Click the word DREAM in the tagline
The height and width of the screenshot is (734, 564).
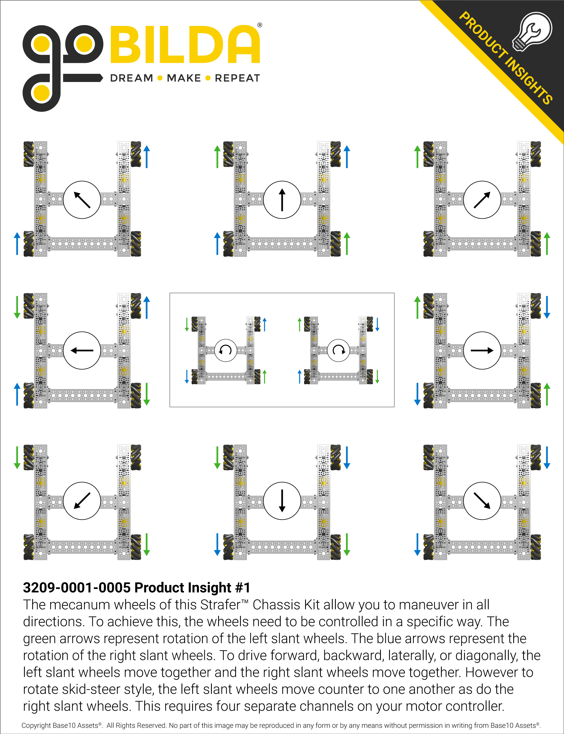tap(131, 78)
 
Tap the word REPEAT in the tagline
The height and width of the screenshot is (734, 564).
tap(237, 78)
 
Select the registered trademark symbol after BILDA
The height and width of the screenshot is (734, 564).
tap(259, 25)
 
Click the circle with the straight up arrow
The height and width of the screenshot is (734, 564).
tap(282, 200)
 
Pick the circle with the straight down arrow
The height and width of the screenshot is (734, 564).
tap(282, 501)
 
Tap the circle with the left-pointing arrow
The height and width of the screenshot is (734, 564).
tap(82, 351)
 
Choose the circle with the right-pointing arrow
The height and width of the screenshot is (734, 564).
tap(482, 351)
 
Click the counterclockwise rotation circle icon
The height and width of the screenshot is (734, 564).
tap(226, 350)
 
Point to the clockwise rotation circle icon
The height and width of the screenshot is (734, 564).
tap(338, 350)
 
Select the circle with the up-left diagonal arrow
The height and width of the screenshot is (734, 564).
tap(82, 200)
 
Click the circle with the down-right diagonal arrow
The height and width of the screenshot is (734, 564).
tap(482, 501)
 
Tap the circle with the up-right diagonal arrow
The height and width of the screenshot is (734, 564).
tap(482, 200)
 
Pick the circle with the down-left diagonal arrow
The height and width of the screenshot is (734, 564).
tap(82, 501)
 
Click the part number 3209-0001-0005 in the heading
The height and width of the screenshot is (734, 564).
tap(77, 587)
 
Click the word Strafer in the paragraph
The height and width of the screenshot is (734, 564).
tap(221, 605)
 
